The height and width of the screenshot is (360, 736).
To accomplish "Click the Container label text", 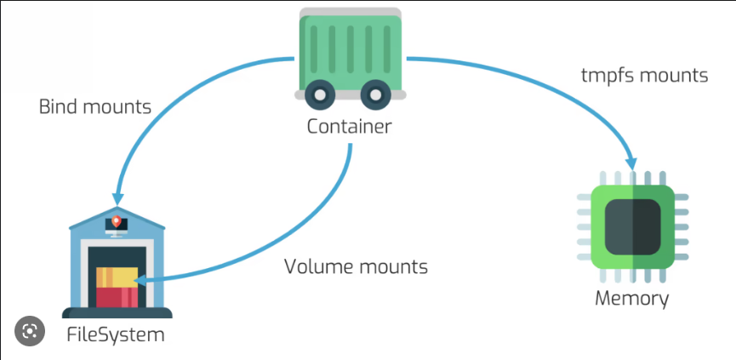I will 349,128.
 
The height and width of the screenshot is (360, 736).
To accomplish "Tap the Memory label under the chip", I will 631,299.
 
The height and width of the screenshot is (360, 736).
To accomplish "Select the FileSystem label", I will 115,334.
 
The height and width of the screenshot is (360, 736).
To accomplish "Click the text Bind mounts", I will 95,108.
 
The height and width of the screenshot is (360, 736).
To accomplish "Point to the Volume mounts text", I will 356,266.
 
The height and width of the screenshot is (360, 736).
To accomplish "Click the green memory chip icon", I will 631,223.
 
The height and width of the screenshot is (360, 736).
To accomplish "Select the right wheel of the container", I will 378,96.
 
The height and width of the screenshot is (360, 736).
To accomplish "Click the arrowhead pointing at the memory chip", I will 632,159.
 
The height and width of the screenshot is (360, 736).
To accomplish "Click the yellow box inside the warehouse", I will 117,277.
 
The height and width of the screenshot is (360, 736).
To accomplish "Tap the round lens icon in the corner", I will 30,330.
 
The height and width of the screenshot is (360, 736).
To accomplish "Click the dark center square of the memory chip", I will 631,223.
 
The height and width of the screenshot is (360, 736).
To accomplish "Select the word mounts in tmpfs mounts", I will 676,75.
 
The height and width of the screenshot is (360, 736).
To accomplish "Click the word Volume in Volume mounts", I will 316,266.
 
